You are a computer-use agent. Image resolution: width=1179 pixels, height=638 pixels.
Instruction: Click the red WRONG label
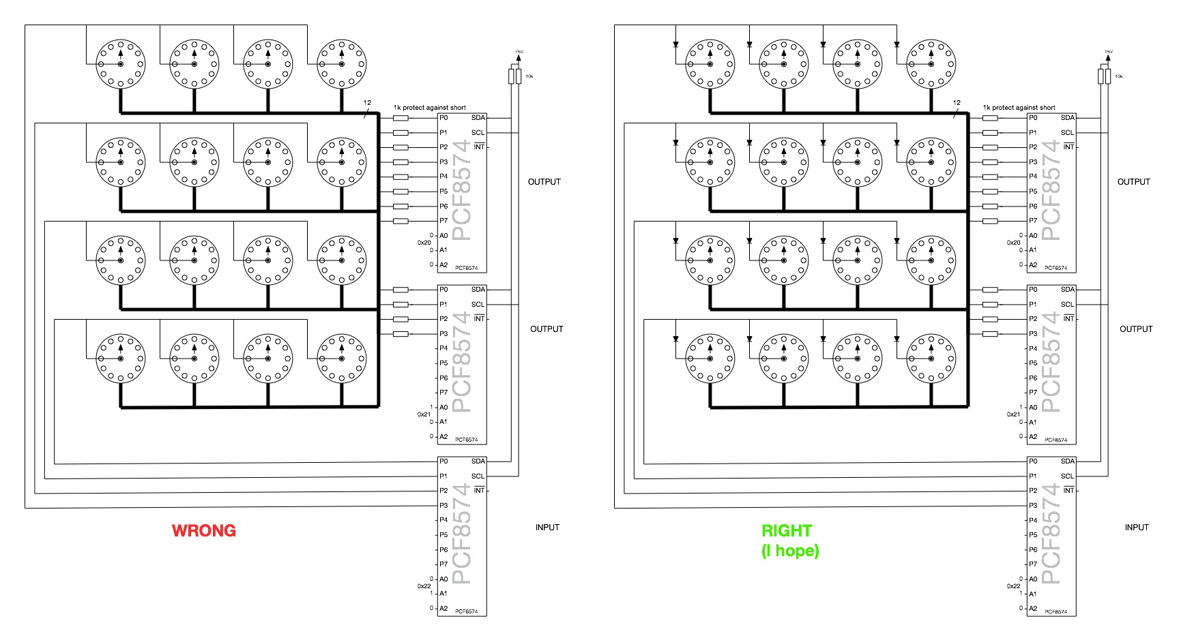[203, 530]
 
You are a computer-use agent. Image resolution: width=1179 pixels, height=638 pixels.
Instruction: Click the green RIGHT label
[786, 530]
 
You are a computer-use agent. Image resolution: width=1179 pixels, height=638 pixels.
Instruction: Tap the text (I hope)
[789, 550]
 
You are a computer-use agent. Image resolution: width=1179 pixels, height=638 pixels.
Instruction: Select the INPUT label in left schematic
[547, 527]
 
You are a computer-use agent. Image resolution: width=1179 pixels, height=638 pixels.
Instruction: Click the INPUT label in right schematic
[1137, 527]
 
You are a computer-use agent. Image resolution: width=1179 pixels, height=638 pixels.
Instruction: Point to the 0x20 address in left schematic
[424, 243]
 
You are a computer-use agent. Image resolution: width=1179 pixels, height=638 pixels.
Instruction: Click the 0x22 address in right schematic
[1013, 586]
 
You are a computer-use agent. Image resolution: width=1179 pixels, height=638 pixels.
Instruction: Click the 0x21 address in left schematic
[424, 414]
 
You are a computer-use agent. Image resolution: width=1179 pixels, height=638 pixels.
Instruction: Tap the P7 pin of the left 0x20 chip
[443, 221]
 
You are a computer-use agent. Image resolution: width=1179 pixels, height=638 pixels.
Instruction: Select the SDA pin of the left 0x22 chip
[478, 461]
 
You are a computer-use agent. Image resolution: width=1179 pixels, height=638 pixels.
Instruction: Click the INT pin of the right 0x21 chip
[1068, 319]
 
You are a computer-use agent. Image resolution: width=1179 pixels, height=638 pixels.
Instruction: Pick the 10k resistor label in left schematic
[529, 76]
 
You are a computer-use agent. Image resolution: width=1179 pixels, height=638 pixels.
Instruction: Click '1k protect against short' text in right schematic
[1019, 108]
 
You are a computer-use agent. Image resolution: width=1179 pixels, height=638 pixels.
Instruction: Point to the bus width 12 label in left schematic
[367, 103]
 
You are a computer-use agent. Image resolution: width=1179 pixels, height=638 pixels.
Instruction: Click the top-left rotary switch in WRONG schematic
[121, 64]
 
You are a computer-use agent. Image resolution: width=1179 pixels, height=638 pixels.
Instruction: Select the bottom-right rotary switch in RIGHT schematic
[931, 359]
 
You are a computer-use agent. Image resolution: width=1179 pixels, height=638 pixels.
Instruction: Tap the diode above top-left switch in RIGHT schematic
[675, 44]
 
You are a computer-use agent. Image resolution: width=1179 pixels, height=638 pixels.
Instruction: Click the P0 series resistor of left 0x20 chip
[401, 118]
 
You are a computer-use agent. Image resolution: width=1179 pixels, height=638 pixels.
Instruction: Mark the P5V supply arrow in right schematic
[1108, 57]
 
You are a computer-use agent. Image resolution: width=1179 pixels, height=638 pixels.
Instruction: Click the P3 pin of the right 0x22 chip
[1033, 506]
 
